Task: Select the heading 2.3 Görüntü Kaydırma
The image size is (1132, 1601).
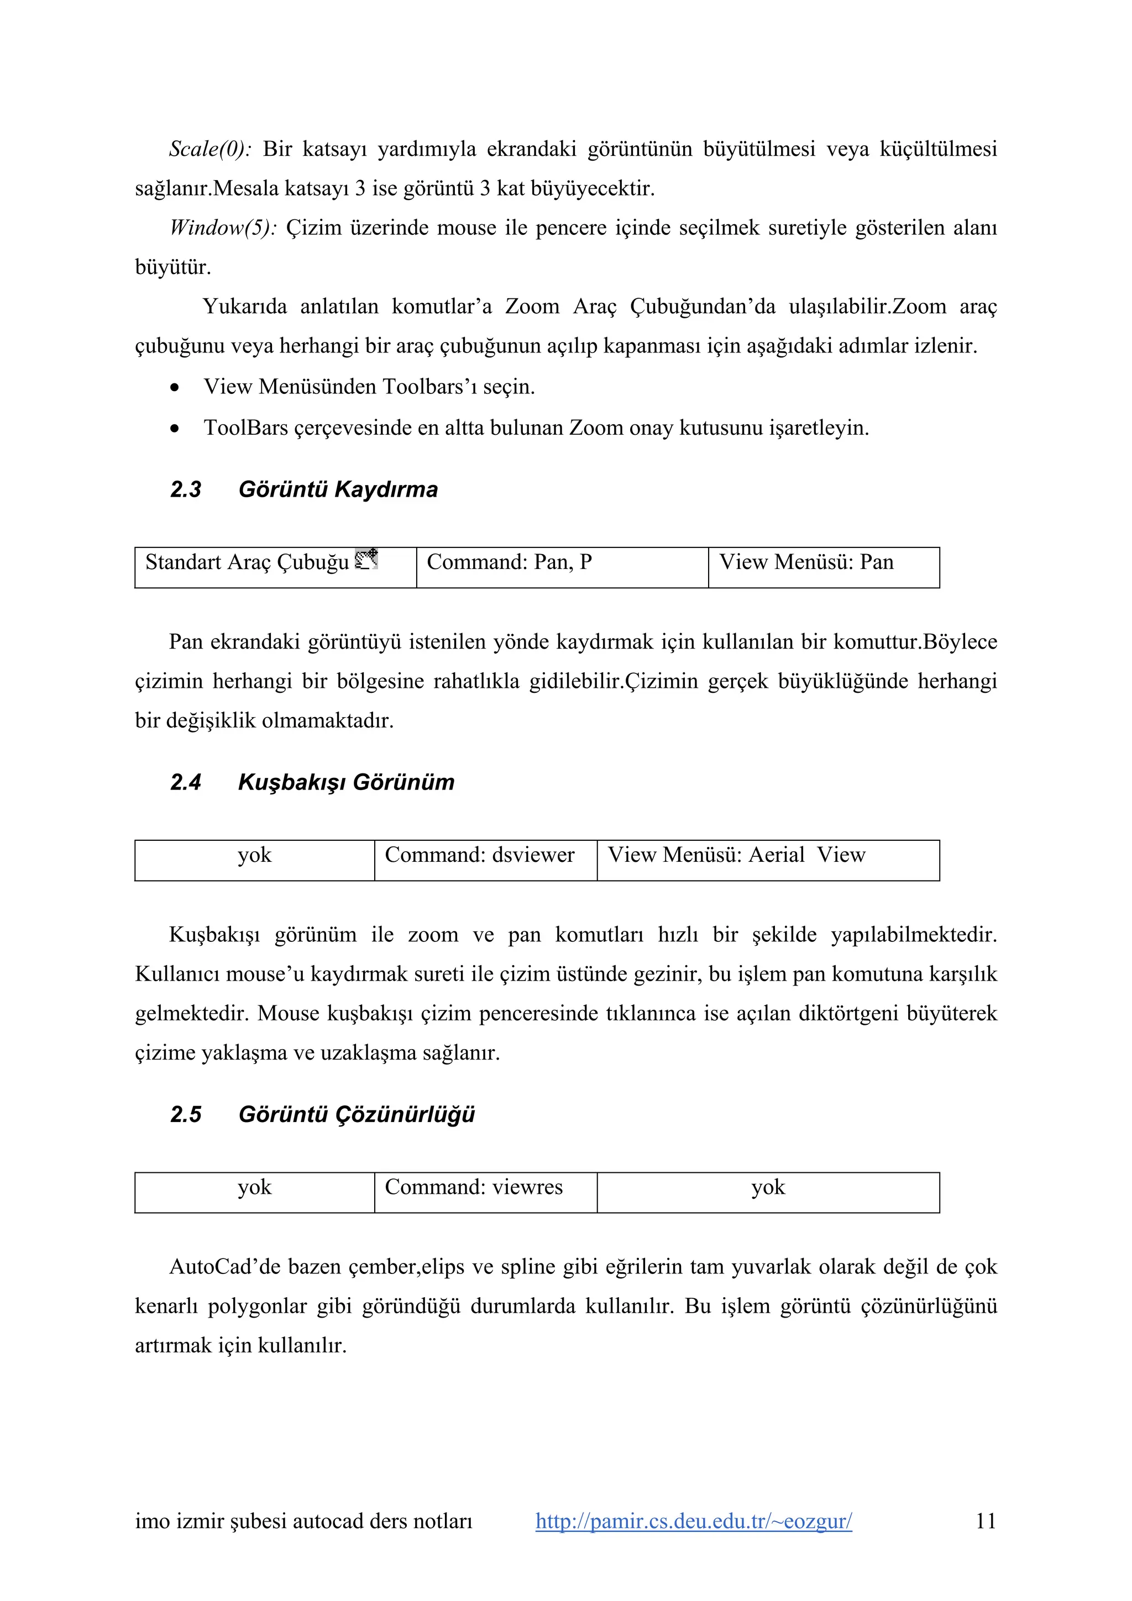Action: click(303, 489)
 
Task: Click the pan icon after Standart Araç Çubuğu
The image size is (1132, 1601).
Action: click(366, 560)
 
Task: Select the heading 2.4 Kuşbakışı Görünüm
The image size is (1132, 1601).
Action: click(312, 782)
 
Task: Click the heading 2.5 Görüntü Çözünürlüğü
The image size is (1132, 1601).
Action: click(322, 1114)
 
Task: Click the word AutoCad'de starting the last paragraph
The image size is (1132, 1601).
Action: click(221, 1267)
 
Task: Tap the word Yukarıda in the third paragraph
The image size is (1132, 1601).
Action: click(244, 307)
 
